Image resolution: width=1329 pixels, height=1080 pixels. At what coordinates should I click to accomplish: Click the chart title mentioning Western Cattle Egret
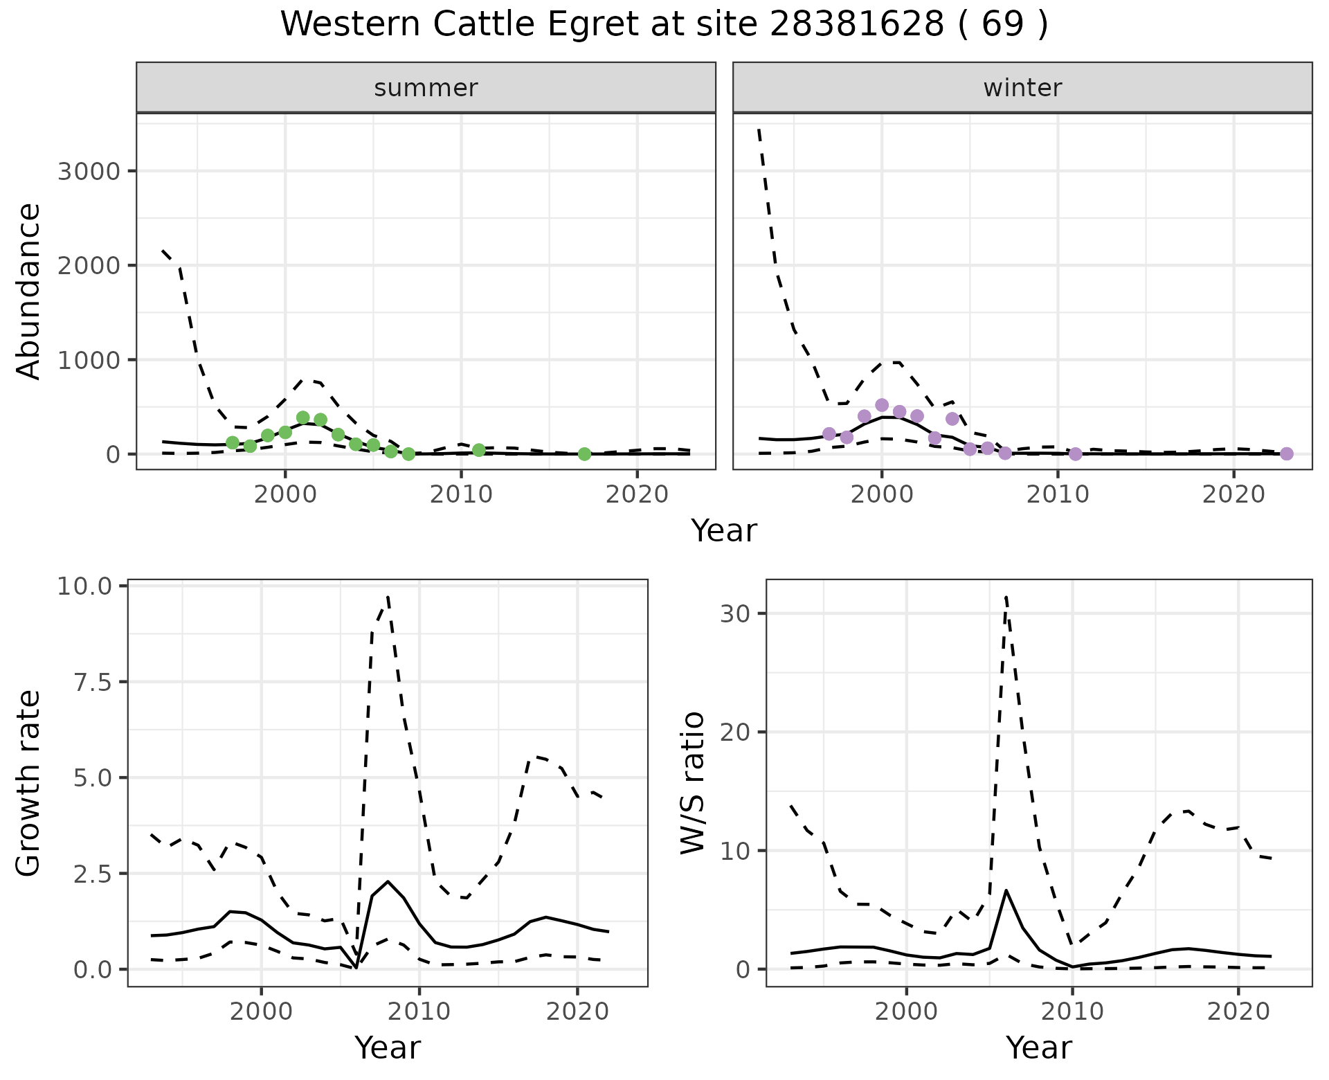click(664, 25)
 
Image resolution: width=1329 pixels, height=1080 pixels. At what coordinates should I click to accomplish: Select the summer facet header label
click(426, 88)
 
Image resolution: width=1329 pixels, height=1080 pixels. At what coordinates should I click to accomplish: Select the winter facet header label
click(1022, 88)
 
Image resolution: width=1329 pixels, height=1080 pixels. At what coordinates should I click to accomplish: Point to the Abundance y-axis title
click(29, 291)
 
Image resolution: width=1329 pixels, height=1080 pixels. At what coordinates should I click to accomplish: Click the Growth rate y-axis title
click(29, 783)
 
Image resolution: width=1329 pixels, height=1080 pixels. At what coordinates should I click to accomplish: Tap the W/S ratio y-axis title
click(693, 783)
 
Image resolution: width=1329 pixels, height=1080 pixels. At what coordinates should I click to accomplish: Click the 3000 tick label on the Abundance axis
click(88, 171)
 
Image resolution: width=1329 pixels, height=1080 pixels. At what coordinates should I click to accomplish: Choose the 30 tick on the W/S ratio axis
click(735, 613)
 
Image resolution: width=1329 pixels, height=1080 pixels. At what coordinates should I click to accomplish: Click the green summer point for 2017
click(584, 454)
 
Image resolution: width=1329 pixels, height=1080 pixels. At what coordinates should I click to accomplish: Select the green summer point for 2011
click(479, 450)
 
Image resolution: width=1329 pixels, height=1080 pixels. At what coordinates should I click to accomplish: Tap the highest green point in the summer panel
click(302, 417)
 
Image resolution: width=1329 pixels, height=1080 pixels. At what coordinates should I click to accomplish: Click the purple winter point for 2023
click(1287, 453)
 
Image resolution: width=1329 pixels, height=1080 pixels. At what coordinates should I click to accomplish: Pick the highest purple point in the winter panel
click(882, 405)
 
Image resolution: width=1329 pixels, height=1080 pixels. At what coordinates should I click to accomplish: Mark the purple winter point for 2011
click(1075, 454)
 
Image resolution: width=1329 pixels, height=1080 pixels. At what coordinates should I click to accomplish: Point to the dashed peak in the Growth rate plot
click(388, 596)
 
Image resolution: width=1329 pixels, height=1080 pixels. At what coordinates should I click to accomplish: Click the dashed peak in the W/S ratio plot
click(1006, 596)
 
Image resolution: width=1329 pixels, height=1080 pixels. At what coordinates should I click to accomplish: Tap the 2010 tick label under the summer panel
click(461, 494)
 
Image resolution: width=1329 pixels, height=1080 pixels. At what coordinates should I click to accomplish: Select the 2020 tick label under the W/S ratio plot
click(1238, 1011)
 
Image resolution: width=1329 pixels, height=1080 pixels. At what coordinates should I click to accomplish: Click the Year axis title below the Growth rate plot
click(388, 1048)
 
